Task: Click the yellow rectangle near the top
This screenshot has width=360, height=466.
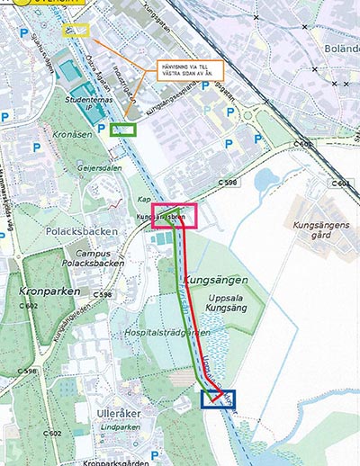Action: coord(76,30)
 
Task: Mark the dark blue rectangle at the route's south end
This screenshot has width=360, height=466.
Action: coord(218,399)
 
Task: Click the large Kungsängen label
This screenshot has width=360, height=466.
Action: coord(215,280)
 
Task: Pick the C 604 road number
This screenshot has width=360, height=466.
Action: coord(340,183)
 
